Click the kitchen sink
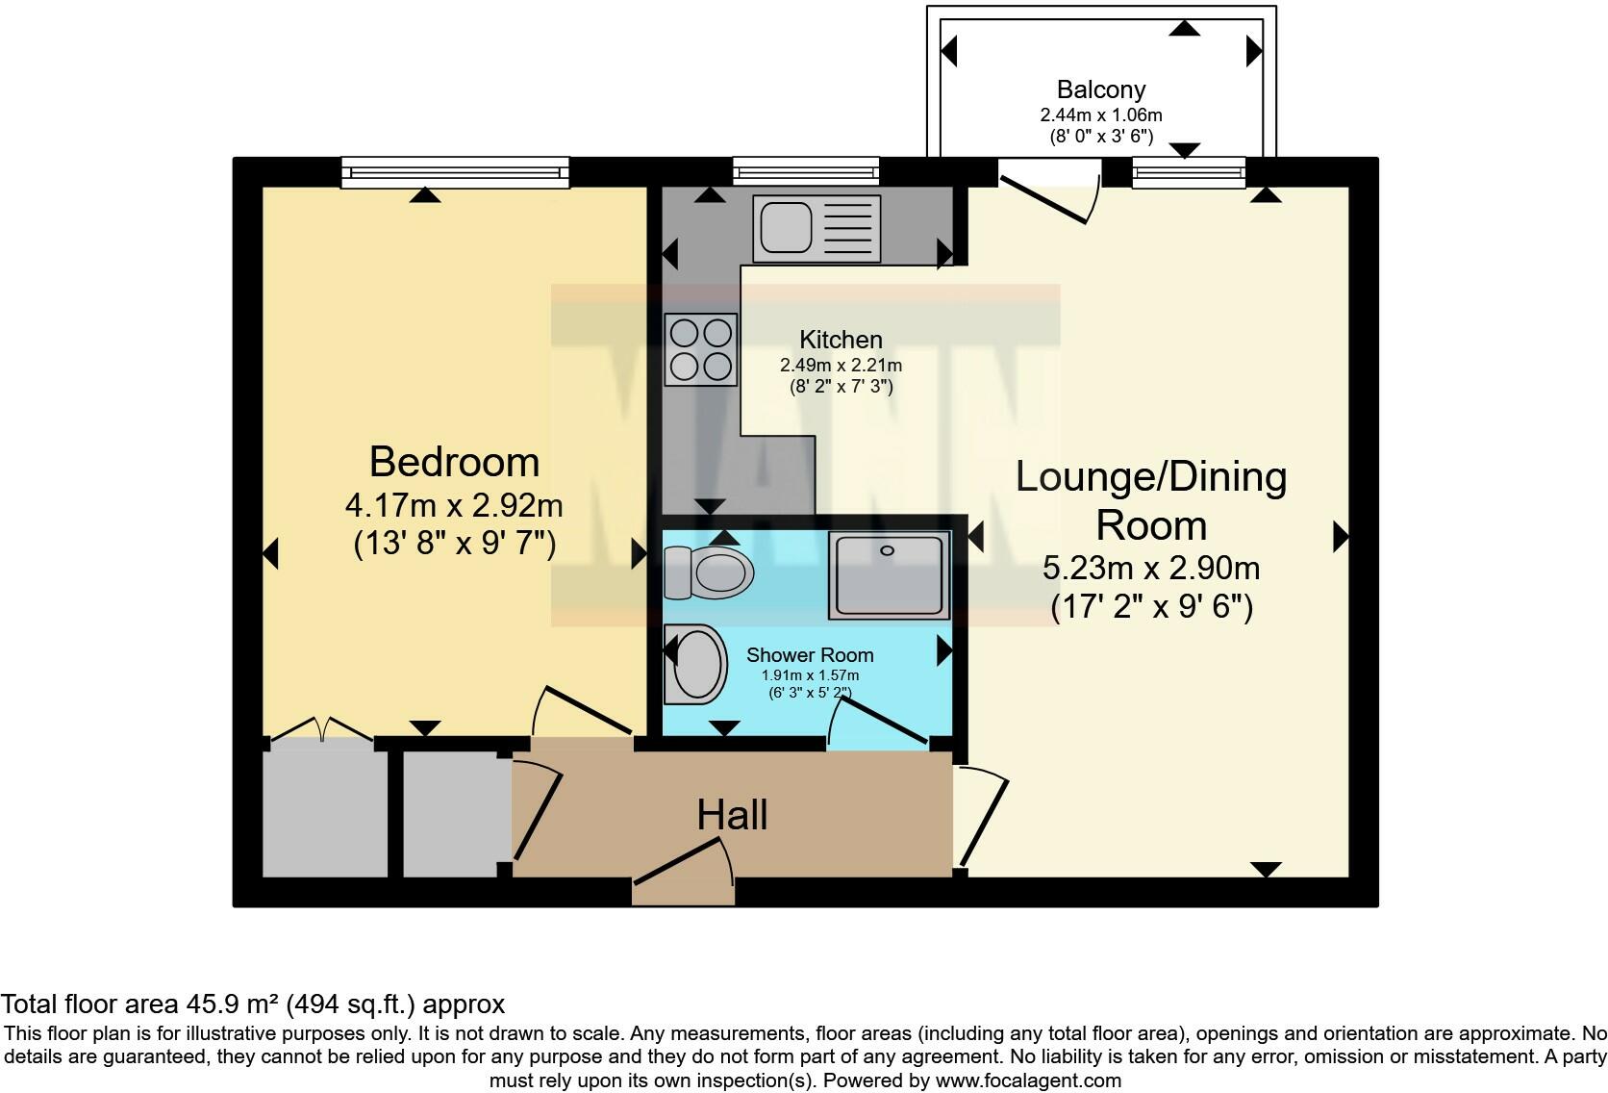pos(817,229)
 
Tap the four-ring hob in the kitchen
pos(700,349)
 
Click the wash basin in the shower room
pos(696,664)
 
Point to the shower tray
pos(889,575)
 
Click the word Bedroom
pos(454,462)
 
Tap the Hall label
pos(732,815)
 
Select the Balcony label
pos(1100,89)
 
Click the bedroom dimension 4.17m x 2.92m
pos(454,504)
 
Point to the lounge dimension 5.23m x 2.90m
pos(1151,568)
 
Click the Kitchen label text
pos(841,340)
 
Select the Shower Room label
pos(810,655)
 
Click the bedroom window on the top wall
pos(455,172)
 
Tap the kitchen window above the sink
pos(806,172)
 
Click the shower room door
pos(879,723)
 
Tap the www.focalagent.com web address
pos(1028,1080)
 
